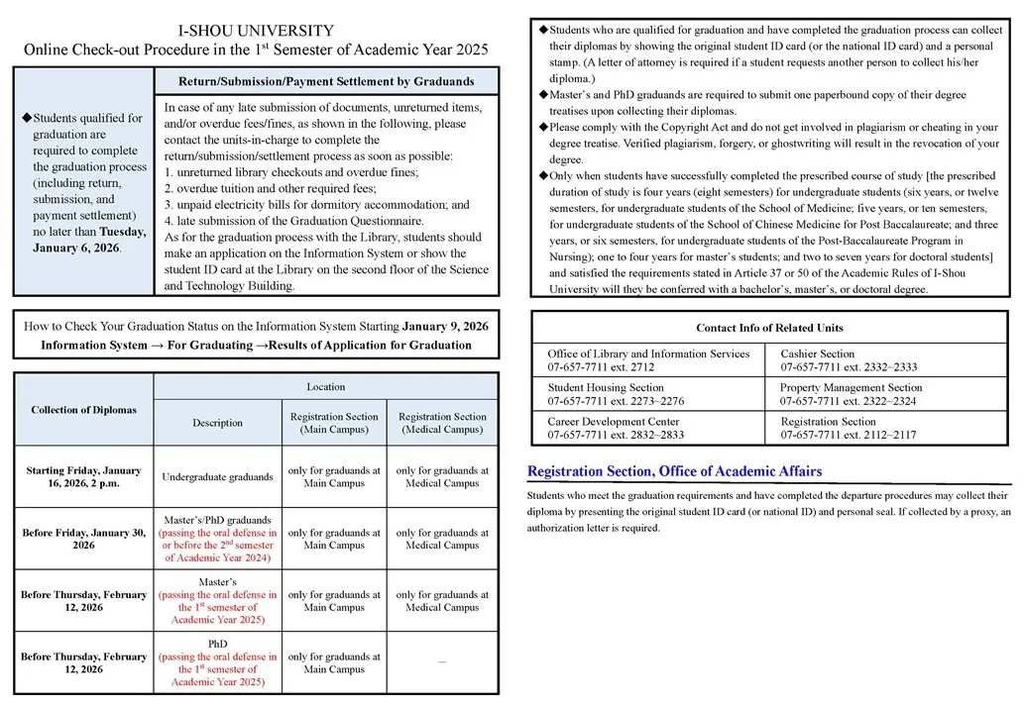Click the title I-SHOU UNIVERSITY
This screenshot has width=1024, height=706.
click(x=256, y=31)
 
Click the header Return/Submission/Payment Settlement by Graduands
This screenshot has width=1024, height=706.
click(x=326, y=81)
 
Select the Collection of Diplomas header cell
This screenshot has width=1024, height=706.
click(x=84, y=410)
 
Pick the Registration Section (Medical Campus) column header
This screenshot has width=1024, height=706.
click(x=442, y=423)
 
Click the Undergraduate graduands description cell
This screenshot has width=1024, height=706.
click(x=218, y=477)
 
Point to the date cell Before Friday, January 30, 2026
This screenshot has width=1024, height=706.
click(x=83, y=539)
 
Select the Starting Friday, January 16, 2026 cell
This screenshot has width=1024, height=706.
click(x=83, y=477)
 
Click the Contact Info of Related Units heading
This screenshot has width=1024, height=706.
click(x=769, y=328)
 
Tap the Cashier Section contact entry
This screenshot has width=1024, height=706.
click(x=849, y=360)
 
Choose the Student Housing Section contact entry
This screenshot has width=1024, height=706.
click(x=616, y=394)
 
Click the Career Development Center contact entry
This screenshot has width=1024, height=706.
click(x=616, y=428)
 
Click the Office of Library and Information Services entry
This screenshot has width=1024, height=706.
click(x=648, y=360)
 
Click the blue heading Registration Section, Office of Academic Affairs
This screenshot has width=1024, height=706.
click(x=674, y=471)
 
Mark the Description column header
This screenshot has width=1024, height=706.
click(x=218, y=423)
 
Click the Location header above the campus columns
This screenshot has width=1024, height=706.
click(x=326, y=386)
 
